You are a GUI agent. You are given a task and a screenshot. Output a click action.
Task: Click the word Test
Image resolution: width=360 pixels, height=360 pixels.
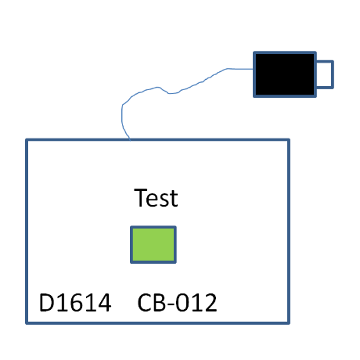tap(156, 198)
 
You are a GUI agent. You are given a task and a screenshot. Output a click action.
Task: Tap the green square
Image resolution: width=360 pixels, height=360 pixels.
tap(153, 245)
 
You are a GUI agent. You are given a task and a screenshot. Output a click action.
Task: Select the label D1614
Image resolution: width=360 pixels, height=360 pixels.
tap(75, 303)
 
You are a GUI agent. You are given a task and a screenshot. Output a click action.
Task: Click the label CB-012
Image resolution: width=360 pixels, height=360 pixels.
tap(177, 303)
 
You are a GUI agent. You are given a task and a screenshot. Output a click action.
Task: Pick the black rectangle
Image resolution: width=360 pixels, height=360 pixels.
tap(285, 74)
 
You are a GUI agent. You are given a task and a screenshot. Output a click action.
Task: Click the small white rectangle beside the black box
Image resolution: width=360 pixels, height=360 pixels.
tap(325, 74)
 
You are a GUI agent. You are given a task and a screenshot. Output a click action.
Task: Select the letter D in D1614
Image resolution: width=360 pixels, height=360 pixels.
tap(47, 303)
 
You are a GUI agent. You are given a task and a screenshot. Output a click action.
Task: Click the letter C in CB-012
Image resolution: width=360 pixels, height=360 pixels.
tap(144, 303)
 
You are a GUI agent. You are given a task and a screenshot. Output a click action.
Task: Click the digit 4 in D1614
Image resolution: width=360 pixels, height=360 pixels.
tap(104, 303)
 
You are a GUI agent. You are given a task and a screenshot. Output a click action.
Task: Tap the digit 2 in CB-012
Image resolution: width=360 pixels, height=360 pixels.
tap(211, 303)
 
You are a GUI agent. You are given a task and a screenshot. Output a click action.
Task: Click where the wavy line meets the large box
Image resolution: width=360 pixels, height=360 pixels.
tap(130, 140)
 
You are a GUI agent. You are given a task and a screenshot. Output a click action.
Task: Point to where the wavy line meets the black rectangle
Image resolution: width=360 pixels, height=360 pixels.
tap(254, 69)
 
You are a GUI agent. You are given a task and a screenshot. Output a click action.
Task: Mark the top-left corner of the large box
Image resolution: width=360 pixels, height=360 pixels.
tap(27, 140)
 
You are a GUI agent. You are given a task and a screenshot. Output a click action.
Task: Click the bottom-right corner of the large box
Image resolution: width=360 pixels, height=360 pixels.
tap(289, 323)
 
